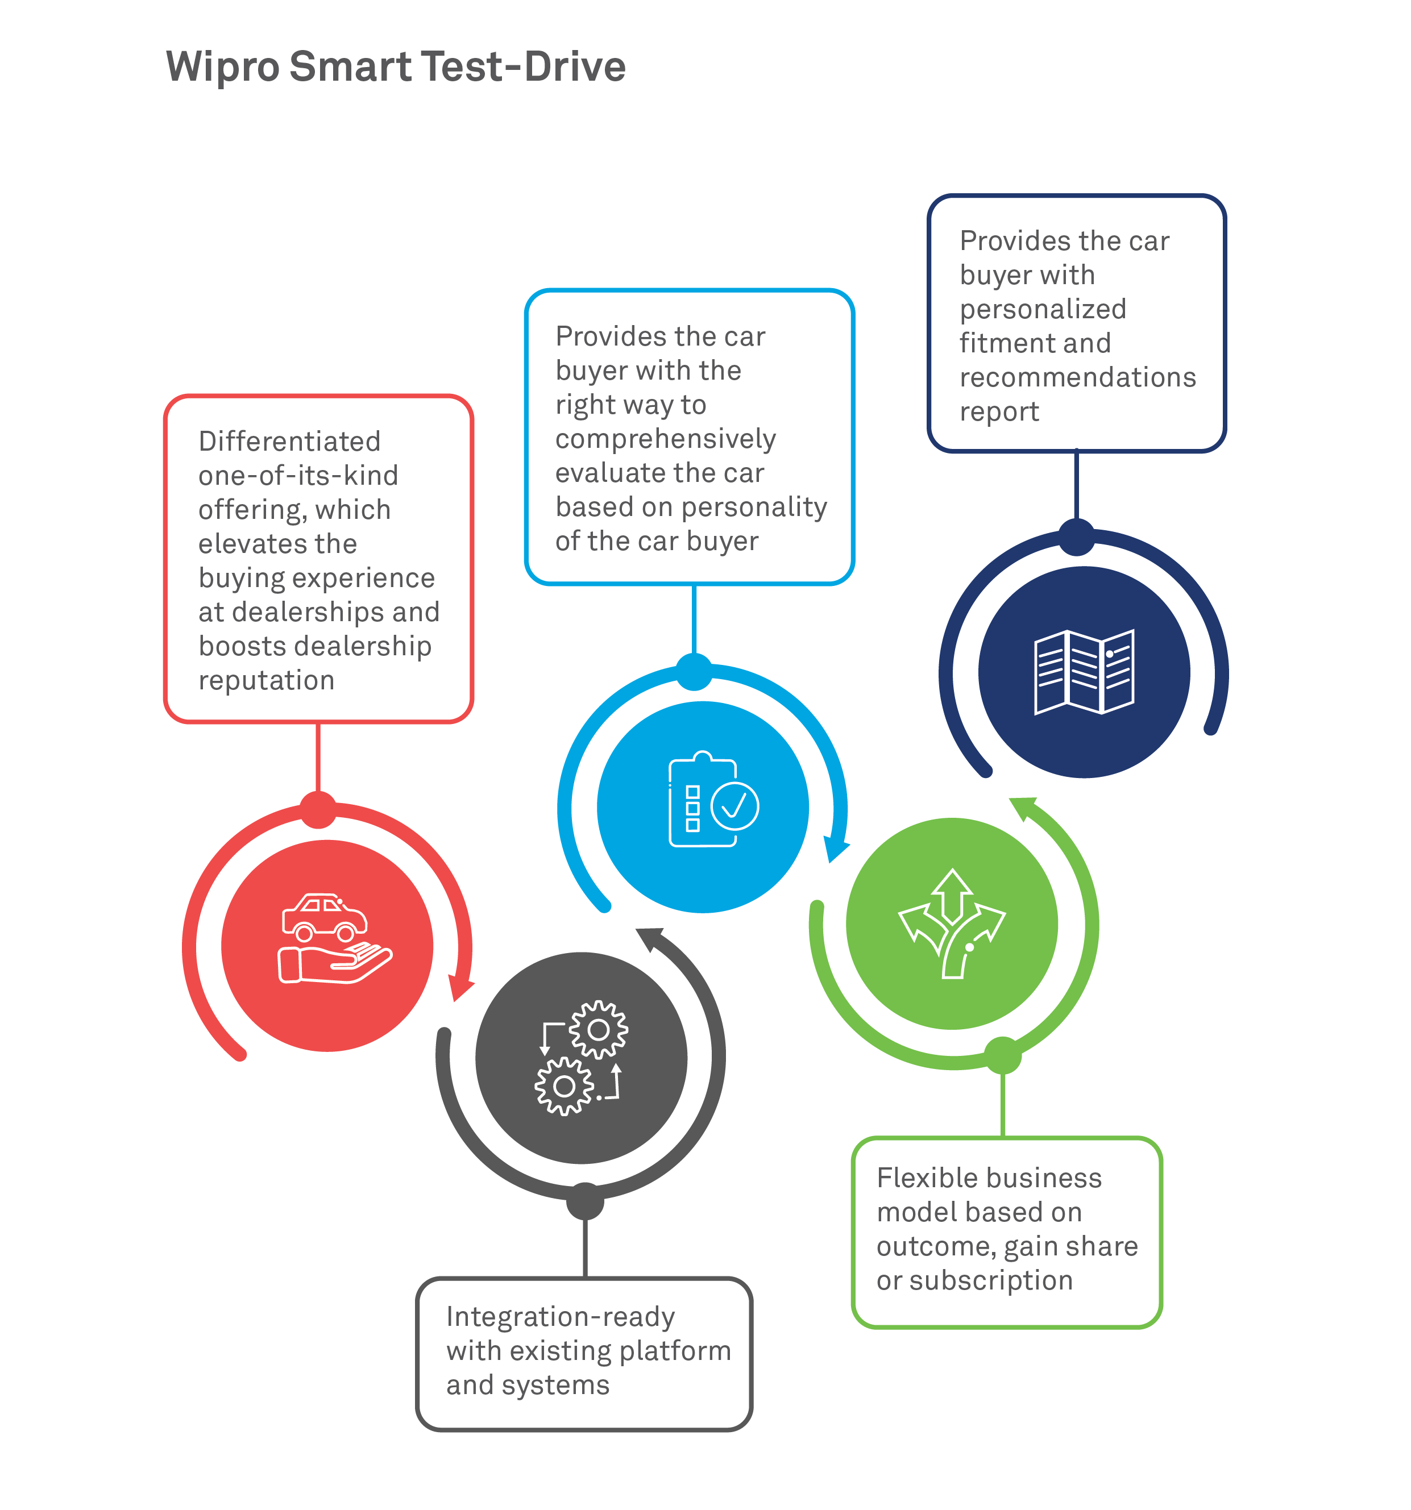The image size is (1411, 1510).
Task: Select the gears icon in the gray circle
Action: coord(581,1057)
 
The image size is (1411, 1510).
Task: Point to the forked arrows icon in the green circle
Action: coord(951,923)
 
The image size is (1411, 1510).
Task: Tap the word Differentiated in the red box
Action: coord(289,442)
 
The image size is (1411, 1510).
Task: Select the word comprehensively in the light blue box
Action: coord(666,439)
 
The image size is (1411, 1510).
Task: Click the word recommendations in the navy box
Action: coord(1077,377)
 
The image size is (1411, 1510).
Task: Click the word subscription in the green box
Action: coord(991,1280)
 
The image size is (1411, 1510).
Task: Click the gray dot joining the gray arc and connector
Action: coord(584,1201)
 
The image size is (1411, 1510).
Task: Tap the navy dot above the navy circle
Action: coord(1076,537)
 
